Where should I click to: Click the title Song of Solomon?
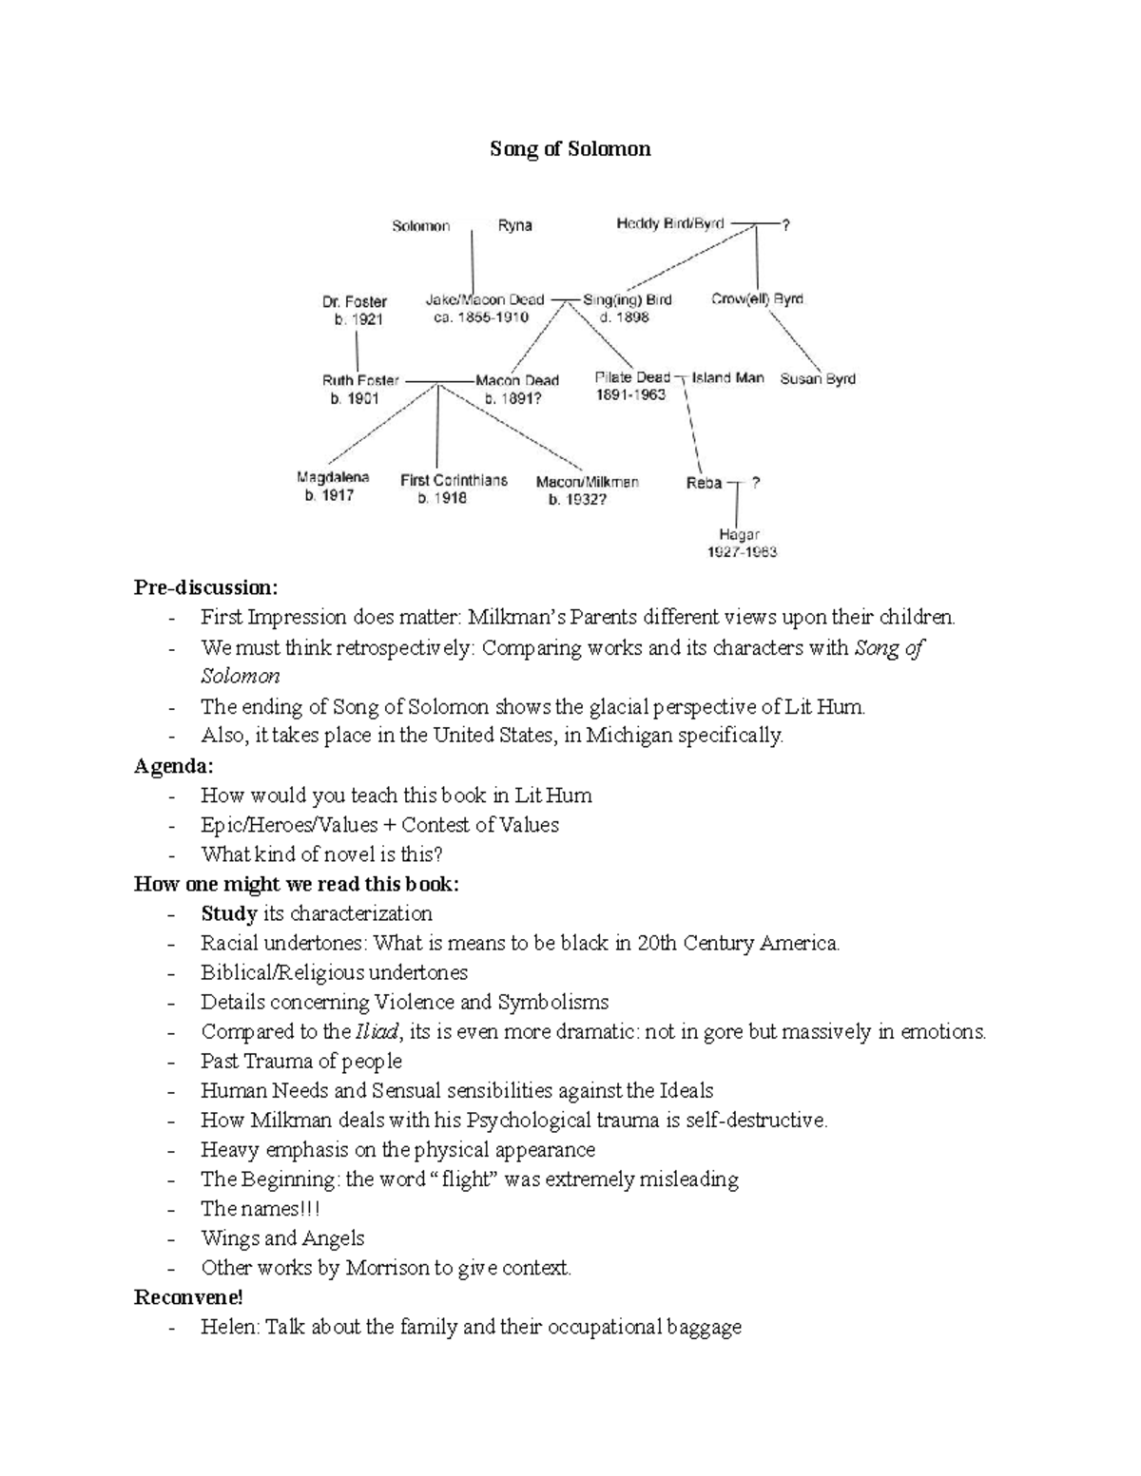coord(570,149)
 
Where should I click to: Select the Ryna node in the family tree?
coord(514,226)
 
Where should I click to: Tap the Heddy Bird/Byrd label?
coord(670,224)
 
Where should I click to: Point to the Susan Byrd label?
coord(818,378)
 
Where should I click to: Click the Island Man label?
coord(727,377)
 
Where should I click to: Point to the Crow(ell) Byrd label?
coord(757,298)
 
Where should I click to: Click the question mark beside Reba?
coord(756,482)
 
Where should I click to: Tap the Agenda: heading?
coord(174,765)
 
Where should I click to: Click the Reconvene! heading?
coord(188,1297)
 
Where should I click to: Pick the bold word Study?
coord(229,914)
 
